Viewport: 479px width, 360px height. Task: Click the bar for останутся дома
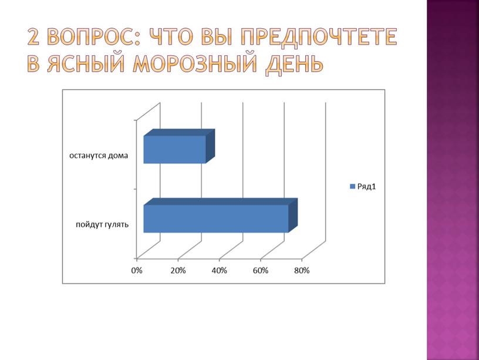[174, 150]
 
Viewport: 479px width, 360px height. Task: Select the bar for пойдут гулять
[215, 218]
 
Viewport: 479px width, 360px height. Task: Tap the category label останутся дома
[98, 156]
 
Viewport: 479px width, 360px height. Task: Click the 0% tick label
[136, 270]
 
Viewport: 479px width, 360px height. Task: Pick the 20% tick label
[178, 270]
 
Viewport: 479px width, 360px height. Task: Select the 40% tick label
[219, 270]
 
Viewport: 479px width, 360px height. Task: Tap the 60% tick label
[261, 270]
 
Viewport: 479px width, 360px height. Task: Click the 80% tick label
[302, 270]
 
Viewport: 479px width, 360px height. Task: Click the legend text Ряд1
[366, 187]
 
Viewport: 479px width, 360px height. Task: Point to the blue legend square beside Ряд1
[352, 187]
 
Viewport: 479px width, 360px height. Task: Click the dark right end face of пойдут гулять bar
[293, 214]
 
